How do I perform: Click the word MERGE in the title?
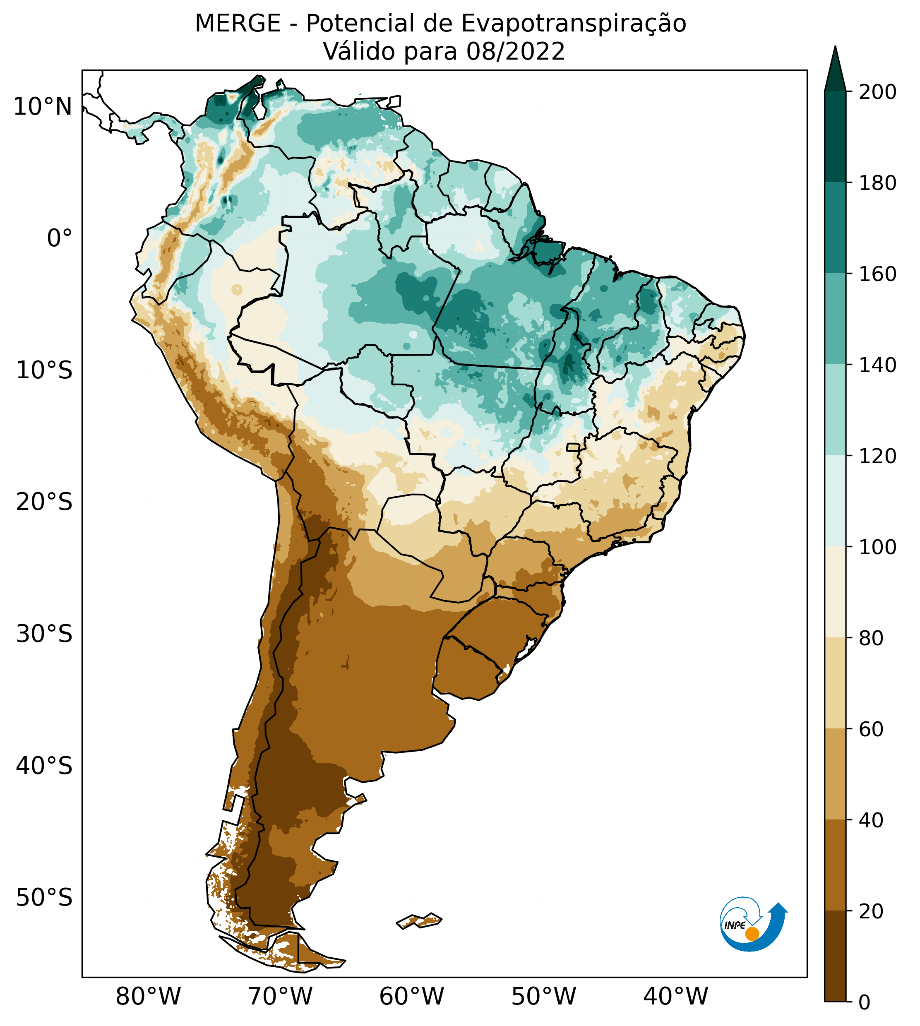(238, 24)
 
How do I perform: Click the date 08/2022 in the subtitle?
(515, 52)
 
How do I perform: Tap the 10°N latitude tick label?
(43, 107)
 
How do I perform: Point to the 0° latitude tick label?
(60, 238)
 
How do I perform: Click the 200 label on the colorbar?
(877, 92)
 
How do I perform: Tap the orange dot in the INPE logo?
(752, 934)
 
